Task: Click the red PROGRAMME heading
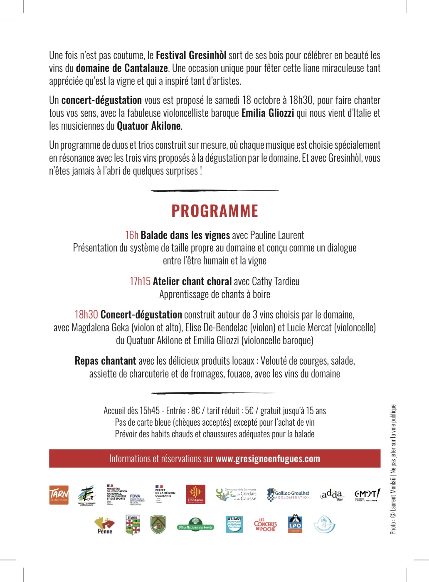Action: (x=214, y=211)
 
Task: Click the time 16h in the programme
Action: (x=132, y=235)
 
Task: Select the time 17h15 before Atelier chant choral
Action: (x=140, y=281)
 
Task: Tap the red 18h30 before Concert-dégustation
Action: (x=86, y=315)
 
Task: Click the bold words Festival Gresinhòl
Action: (x=191, y=55)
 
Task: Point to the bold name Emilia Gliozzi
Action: (x=268, y=113)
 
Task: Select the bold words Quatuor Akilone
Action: (x=149, y=126)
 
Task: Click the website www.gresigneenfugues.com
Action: (x=268, y=459)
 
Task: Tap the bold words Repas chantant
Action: (x=105, y=361)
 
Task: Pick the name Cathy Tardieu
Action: (x=276, y=281)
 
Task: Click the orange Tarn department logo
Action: (x=59, y=495)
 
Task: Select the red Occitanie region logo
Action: (x=195, y=495)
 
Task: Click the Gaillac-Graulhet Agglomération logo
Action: (x=288, y=495)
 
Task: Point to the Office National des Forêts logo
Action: (x=195, y=525)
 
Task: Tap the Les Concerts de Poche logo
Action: (x=265, y=525)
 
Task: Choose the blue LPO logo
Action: (x=295, y=524)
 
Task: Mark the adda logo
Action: (x=332, y=495)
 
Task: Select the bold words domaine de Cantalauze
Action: (x=122, y=68)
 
